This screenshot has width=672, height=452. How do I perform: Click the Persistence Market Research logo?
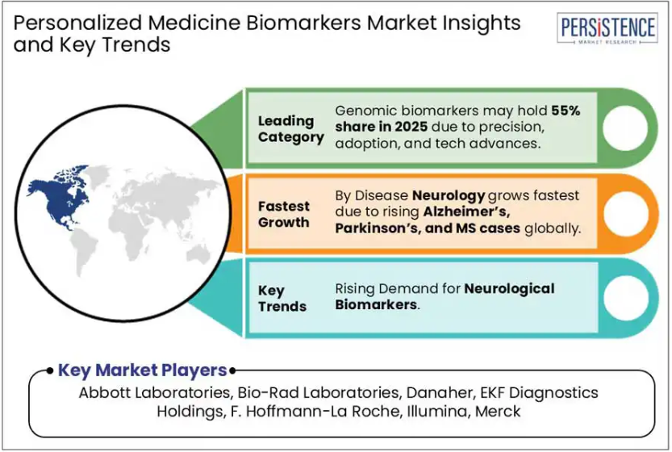click(607, 28)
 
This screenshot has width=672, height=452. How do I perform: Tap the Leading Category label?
click(291, 128)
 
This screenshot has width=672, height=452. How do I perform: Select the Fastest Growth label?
click(284, 214)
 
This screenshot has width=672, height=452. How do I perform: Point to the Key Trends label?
click(282, 298)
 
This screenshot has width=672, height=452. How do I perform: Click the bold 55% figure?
click(566, 111)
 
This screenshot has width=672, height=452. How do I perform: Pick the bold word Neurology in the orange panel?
click(449, 196)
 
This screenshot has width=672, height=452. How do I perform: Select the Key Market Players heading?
click(142, 370)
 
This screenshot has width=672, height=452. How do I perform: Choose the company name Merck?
click(498, 412)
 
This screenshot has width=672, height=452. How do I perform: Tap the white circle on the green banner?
click(625, 128)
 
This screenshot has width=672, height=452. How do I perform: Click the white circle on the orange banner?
click(626, 213)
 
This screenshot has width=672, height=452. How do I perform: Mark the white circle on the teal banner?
click(626, 298)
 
